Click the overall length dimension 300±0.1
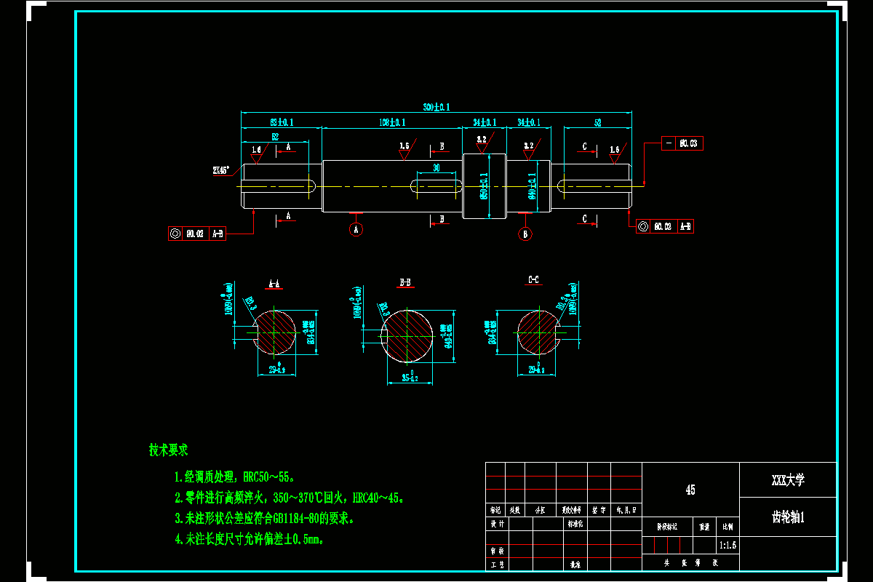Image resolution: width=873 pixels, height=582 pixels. [436, 107]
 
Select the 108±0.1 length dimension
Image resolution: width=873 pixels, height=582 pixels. [392, 122]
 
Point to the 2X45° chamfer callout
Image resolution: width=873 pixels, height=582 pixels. [220, 170]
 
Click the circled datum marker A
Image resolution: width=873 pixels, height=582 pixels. [356, 229]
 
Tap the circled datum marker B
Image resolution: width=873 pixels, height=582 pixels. [525, 234]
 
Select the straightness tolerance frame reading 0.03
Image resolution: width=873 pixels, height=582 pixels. [682, 143]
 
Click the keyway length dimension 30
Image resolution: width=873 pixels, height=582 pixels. [436, 168]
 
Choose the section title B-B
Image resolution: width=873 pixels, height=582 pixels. [405, 282]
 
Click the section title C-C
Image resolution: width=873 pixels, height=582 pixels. [533, 280]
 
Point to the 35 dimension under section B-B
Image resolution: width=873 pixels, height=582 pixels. [410, 378]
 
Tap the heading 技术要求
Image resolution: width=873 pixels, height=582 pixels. [169, 450]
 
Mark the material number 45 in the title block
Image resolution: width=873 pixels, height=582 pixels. [690, 490]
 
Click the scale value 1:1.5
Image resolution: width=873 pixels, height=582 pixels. [727, 544]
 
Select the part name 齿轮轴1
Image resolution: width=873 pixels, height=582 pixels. [788, 517]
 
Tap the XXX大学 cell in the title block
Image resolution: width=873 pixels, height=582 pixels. [788, 480]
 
